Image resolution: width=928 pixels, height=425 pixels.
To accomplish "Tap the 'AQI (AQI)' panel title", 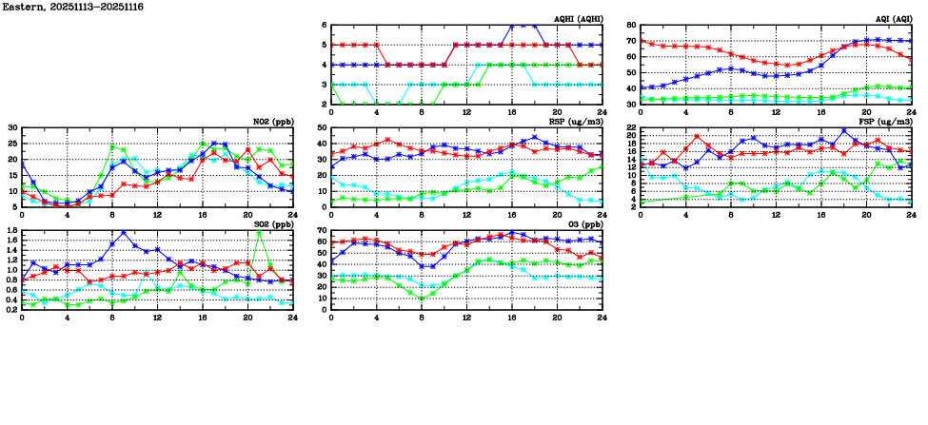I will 894,19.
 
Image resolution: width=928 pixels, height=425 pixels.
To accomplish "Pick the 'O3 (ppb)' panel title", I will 583,224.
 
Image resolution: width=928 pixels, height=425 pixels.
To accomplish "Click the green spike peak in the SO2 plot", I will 259,231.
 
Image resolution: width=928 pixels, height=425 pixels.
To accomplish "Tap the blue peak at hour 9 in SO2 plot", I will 124,232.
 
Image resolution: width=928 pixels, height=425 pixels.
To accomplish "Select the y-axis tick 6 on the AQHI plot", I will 324,26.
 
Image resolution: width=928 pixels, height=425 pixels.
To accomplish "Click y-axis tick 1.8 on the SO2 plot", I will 10,231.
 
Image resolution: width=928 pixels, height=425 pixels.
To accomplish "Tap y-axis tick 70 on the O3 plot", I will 321,231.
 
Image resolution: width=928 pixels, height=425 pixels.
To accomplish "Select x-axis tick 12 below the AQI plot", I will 776,112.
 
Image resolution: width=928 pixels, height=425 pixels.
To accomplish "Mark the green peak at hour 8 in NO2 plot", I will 112,146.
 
